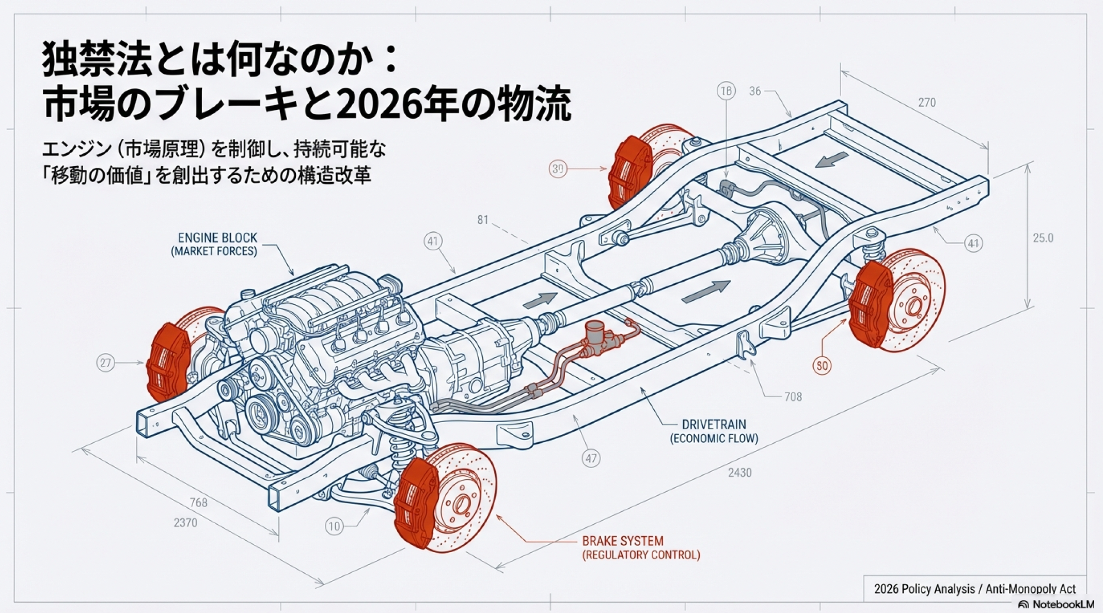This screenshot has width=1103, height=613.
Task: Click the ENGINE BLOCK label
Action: point(217,238)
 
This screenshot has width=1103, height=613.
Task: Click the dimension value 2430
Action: point(739,473)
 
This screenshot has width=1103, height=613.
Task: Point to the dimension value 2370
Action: point(185,523)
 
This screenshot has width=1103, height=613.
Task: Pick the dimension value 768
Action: point(198,502)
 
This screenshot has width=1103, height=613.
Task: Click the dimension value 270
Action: point(926,102)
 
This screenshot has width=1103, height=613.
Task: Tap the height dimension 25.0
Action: point(1043,238)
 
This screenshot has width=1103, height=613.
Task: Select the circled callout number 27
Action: point(105,363)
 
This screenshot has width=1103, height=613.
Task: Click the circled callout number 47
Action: point(591,458)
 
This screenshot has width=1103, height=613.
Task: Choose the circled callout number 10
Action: point(334,526)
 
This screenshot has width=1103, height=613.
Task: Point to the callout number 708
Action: point(793,397)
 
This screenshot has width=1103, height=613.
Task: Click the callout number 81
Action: point(482,220)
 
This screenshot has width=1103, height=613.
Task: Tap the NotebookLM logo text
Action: point(1063,604)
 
